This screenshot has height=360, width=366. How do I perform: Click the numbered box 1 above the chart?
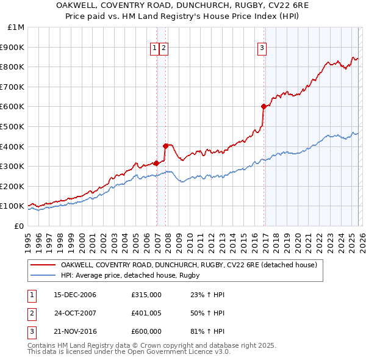[x=155, y=49]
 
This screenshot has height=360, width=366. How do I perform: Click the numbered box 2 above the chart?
[x=165, y=49]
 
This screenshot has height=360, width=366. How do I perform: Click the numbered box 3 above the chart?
[x=262, y=49]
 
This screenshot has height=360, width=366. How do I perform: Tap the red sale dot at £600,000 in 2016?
[x=264, y=106]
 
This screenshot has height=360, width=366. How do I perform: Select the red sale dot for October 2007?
[x=165, y=146]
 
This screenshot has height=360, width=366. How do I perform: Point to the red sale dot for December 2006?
[x=156, y=163]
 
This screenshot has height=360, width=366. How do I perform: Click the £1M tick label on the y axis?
[x=16, y=27]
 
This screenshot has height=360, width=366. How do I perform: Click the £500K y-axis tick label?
[x=13, y=126]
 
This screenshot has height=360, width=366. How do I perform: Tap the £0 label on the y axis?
[x=18, y=226]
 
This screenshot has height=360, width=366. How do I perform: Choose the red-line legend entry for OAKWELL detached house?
[x=188, y=265]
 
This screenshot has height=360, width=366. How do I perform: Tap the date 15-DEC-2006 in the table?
[x=74, y=295]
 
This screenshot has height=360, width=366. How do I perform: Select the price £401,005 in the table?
[x=146, y=313]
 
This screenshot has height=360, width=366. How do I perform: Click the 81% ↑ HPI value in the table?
[x=207, y=331]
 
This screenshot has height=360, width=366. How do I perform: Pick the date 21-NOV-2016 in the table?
[x=74, y=331]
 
